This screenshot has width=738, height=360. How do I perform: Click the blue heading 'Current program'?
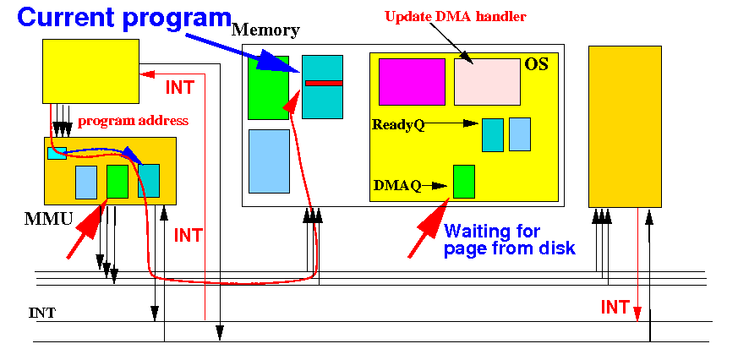[124, 18]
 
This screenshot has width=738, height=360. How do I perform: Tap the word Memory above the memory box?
[266, 30]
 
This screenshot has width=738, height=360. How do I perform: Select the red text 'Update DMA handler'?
[455, 16]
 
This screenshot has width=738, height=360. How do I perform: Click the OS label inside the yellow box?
[536, 64]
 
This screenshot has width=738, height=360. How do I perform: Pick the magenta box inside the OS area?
[412, 81]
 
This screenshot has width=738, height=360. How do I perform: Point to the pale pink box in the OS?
[487, 81]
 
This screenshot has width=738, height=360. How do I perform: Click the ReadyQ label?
[398, 125]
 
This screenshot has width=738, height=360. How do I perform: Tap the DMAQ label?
[397, 185]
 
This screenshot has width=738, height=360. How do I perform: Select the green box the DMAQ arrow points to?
[463, 181]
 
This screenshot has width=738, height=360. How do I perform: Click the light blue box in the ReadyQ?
[520, 134]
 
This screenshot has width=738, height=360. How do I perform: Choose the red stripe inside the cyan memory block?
[323, 83]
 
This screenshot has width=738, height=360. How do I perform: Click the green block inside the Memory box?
[268, 88]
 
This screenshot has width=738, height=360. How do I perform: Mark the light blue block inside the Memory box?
[269, 161]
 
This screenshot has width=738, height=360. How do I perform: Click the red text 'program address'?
[134, 121]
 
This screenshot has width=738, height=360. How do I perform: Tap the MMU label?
[48, 218]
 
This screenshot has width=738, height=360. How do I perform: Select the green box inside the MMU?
[118, 181]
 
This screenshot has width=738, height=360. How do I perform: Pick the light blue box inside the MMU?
[86, 182]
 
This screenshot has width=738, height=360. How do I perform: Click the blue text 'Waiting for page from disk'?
[510, 239]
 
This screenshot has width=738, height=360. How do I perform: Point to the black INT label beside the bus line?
[42, 313]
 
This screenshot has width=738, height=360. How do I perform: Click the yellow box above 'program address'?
[90, 71]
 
